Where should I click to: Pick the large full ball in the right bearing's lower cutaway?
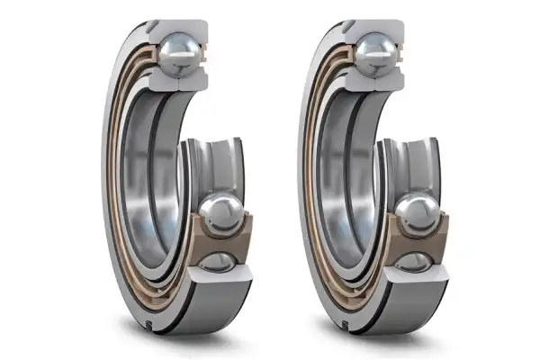click(415, 214)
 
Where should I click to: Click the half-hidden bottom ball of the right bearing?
click(415, 263)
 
